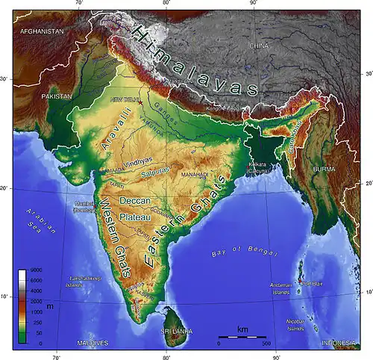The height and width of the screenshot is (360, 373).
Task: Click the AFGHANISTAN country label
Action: click(43, 32)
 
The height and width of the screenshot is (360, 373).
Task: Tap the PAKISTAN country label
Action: click(57, 97)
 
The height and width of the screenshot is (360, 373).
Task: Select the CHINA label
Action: click(258, 46)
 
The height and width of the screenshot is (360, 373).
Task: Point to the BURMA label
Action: click(324, 170)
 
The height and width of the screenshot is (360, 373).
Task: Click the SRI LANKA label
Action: click(177, 329)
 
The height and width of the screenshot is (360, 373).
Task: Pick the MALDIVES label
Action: click(93, 343)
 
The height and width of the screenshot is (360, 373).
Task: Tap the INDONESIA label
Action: click(339, 343)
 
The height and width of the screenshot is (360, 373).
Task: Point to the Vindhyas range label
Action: click(137, 160)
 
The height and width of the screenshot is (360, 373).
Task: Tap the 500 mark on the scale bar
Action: click(266, 345)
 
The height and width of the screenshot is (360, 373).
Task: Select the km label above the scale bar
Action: click(242, 329)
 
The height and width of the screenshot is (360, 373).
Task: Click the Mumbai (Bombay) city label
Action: click(84, 207)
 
